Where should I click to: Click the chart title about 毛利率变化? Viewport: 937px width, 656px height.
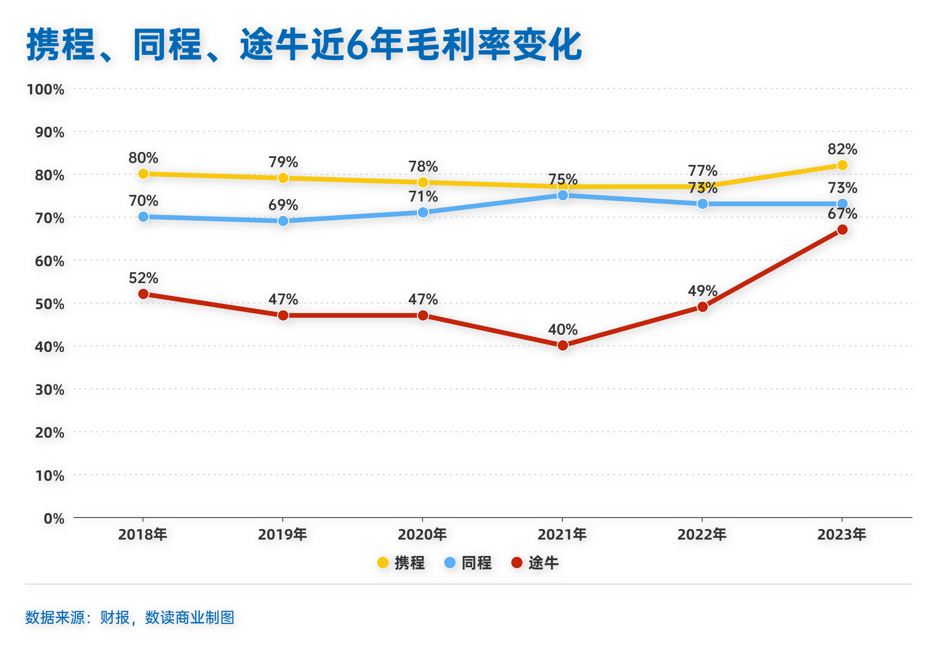pos(304,45)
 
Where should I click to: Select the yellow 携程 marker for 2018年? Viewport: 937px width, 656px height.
pos(143,174)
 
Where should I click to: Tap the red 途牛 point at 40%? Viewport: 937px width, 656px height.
pos(562,345)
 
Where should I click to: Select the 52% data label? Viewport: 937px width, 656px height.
pos(143,278)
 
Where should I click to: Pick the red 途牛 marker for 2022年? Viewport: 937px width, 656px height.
pos(702,307)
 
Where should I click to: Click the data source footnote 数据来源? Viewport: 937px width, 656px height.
pos(130,617)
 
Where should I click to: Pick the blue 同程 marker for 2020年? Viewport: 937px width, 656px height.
pos(423,212)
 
